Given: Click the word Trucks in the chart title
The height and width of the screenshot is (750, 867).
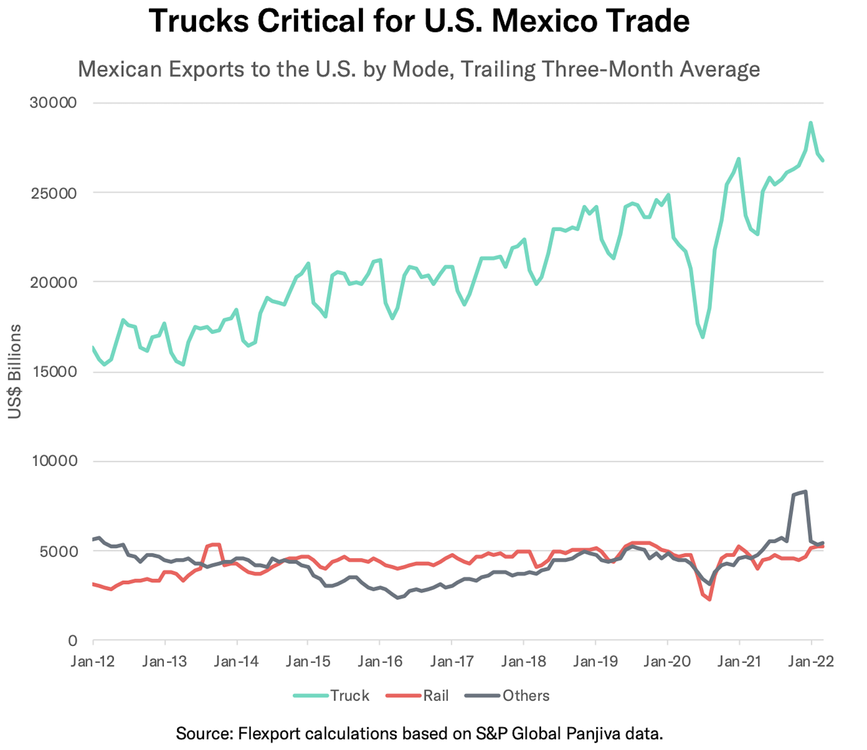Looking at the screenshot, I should (x=198, y=21).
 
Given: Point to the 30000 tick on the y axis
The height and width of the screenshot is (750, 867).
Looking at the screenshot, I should (x=53, y=102).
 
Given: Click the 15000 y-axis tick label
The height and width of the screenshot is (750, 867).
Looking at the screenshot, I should (x=53, y=372).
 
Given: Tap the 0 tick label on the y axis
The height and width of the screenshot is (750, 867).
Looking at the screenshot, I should (x=72, y=640).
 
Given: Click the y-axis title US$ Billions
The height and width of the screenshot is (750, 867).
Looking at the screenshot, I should (x=15, y=371).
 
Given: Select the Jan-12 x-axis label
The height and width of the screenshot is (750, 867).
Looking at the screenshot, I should (x=93, y=662).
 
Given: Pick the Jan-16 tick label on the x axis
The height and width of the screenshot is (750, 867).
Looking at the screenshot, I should (x=380, y=662).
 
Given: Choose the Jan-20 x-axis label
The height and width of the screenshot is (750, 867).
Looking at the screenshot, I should (x=667, y=662).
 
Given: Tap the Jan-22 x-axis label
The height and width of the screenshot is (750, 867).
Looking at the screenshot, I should (x=811, y=662).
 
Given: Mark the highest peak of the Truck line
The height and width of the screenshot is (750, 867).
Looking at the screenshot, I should (x=811, y=123).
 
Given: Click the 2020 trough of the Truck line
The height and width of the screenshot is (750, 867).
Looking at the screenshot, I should (x=703, y=337).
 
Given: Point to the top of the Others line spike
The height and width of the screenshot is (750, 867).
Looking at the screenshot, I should (x=805, y=492).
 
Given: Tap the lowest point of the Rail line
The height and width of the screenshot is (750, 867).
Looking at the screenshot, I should (x=710, y=599).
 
